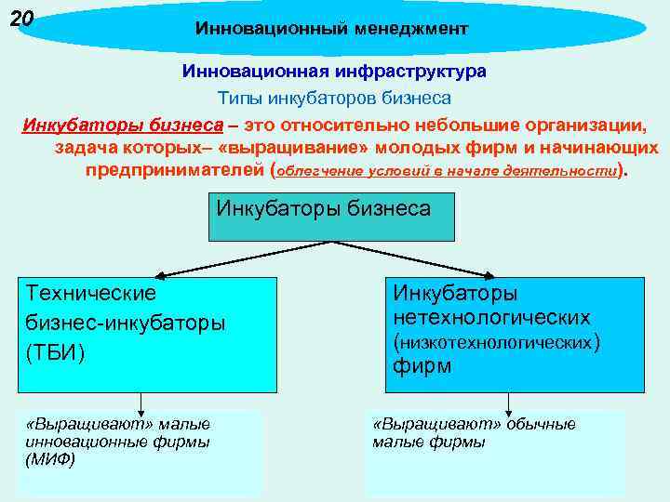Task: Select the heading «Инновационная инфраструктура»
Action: coord(334,71)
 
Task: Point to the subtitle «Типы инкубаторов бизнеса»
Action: coord(334,98)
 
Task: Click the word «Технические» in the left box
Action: coord(91,293)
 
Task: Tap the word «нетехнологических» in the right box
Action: coord(491,318)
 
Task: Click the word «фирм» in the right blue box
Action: coord(422,365)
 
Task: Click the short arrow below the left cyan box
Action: coord(141,403)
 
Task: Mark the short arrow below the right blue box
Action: coord(508,403)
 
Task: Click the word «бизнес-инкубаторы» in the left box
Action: coord(126,324)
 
